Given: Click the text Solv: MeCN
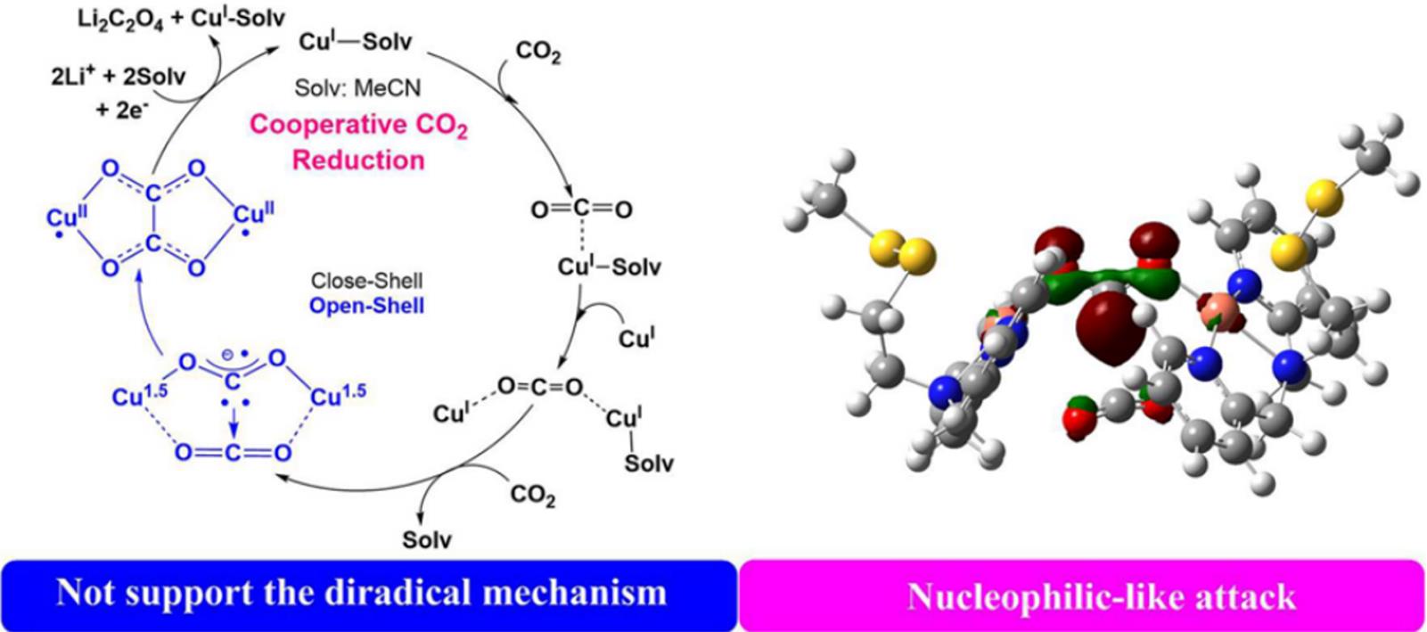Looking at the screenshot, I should (357, 88).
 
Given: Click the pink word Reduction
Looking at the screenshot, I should (358, 160).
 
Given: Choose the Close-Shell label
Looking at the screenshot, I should (366, 281).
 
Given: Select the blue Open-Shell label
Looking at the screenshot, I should (366, 306).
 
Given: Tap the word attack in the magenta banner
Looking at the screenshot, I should (1247, 596).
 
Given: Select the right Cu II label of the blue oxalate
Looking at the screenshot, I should (254, 215).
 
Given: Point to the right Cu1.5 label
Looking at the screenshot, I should (338, 392).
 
